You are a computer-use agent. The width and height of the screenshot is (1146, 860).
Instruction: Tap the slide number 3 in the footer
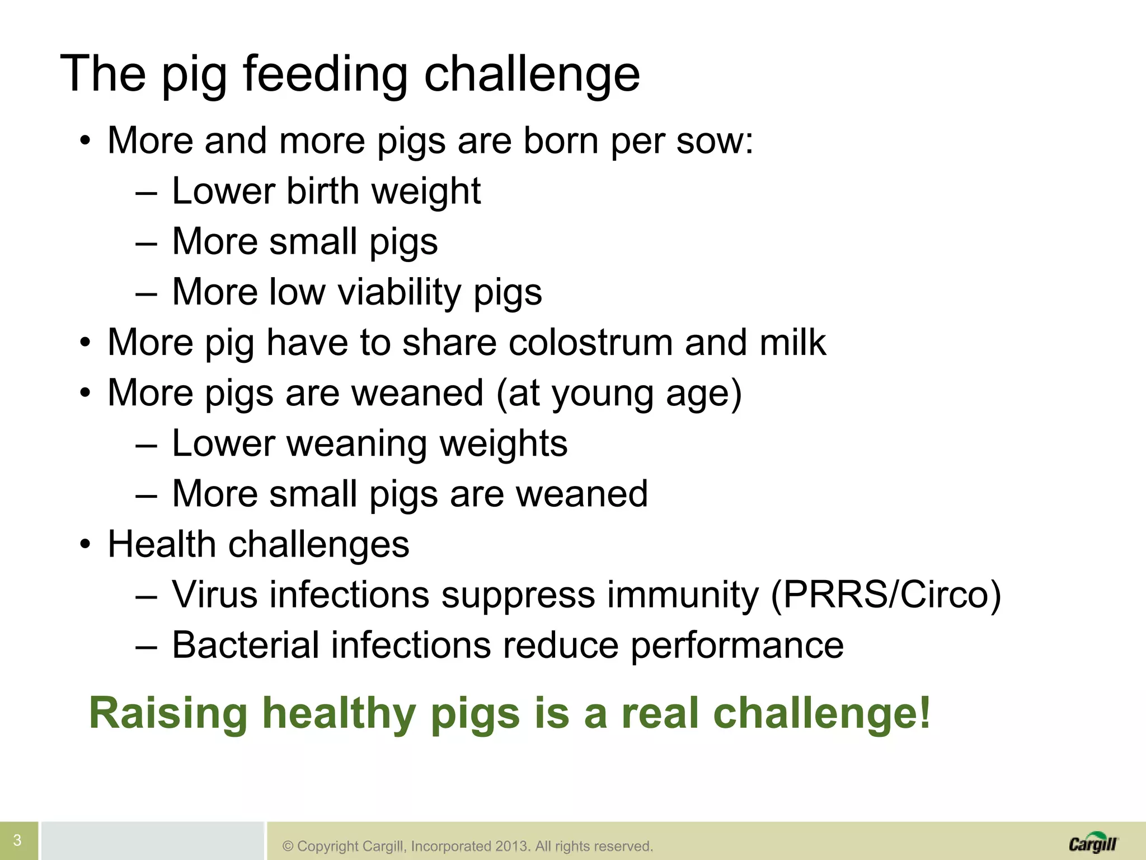point(17,840)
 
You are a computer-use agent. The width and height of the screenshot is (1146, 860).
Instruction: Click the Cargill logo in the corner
point(1093,843)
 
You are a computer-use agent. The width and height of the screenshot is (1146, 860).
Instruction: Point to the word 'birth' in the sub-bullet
point(323,191)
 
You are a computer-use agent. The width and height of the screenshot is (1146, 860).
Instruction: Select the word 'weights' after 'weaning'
point(504,443)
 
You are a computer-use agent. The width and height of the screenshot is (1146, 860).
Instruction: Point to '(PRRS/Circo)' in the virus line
point(886,595)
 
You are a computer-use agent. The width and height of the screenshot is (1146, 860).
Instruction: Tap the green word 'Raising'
point(168,713)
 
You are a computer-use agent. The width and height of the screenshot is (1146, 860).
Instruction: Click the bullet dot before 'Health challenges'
point(84,544)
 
